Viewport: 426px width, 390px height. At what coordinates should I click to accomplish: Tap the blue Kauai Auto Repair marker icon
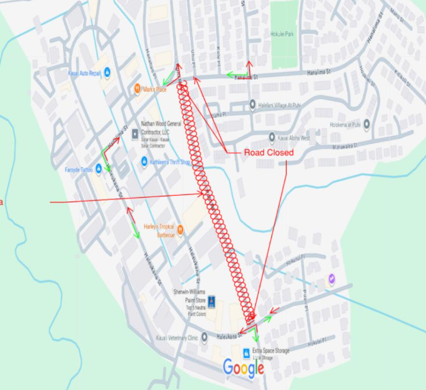pos(107,71)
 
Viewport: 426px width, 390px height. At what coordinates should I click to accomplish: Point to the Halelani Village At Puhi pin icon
pos(252,105)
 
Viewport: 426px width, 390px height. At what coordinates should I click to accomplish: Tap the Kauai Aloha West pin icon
pos(272,137)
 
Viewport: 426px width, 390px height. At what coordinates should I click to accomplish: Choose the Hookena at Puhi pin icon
pos(367,124)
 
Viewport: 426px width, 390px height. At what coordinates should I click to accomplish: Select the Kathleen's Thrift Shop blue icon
pos(144,163)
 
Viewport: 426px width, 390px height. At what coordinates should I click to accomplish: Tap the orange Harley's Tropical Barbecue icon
pos(181,230)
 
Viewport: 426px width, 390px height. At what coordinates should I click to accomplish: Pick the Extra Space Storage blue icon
pos(247,353)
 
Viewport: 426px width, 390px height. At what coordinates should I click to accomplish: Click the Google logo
pos(244,368)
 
